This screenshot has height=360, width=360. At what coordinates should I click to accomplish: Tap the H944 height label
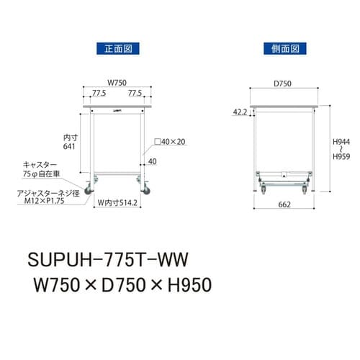(341, 143)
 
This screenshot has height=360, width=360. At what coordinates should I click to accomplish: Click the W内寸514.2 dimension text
(119, 203)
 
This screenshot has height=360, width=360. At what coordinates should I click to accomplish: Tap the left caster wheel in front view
(91, 189)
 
